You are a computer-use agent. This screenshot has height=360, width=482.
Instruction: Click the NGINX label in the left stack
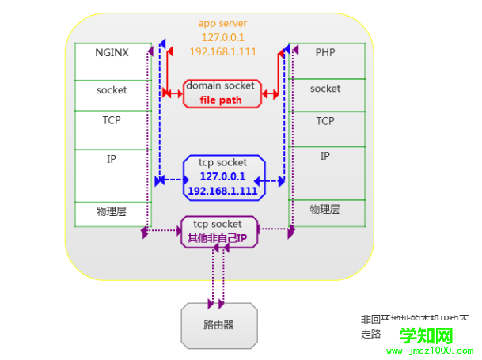[112, 53]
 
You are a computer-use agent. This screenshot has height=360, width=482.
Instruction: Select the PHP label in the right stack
[325, 53]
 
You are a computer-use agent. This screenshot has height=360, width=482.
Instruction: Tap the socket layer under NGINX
[112, 90]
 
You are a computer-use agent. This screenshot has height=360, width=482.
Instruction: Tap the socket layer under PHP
[325, 89]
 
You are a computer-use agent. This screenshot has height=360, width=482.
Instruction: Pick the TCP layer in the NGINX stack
[112, 121]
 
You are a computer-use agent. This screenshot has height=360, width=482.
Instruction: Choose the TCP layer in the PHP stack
[325, 121]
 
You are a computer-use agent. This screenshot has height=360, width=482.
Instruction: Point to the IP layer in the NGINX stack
[112, 159]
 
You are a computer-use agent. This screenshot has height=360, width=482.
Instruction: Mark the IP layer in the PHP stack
[325, 156]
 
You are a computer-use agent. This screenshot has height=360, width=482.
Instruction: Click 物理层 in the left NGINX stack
[112, 212]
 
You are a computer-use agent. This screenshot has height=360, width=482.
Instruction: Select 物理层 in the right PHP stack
[325, 210]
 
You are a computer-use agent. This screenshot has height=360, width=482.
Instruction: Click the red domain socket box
[221, 93]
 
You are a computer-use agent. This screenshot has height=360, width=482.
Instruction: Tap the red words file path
[221, 100]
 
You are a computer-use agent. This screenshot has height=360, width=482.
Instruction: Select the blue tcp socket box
[222, 176]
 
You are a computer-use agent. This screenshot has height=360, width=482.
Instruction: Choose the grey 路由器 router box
[218, 325]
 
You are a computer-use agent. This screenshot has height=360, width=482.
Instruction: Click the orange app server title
[222, 24]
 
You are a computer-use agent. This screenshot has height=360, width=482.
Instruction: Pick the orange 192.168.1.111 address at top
[222, 51]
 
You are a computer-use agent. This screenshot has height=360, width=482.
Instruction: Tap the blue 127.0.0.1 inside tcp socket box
[222, 177]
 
